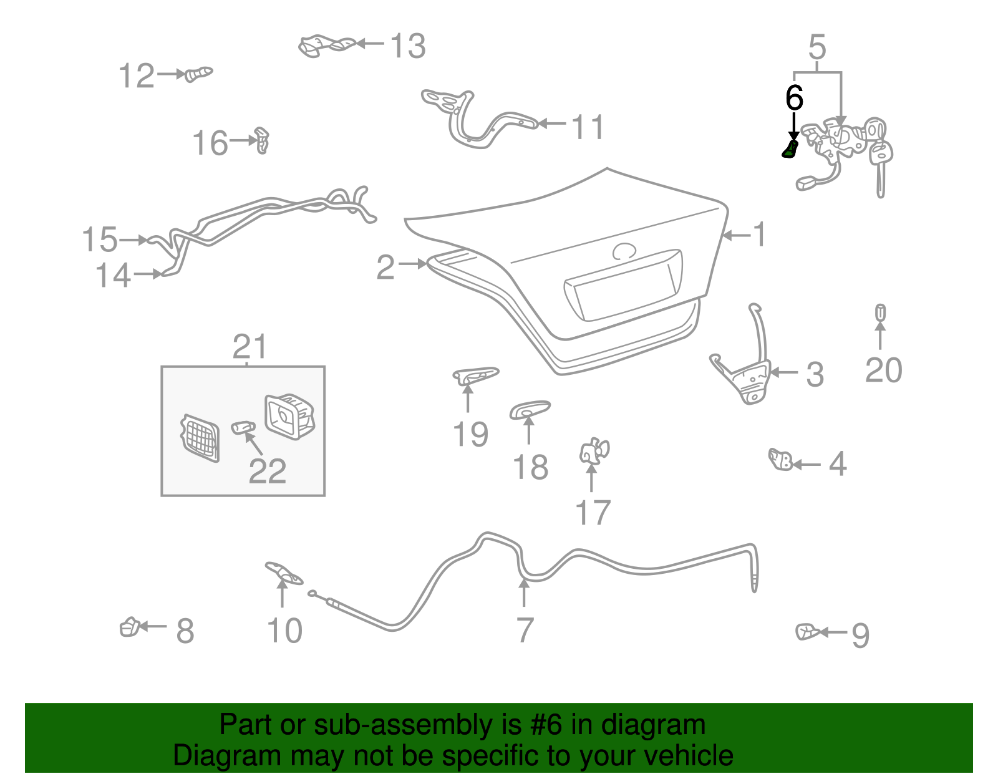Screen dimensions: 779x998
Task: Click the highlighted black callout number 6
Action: (793, 98)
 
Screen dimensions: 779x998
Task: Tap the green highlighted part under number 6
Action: (790, 150)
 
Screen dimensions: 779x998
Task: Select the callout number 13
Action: (407, 46)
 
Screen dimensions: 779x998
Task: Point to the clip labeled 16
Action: (262, 140)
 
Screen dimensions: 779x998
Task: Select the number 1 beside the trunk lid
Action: (758, 235)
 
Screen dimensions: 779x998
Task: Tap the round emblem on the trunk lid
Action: (624, 251)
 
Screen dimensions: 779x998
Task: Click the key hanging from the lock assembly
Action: (880, 162)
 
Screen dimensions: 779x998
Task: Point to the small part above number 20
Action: (880, 312)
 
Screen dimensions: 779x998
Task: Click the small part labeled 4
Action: (780, 460)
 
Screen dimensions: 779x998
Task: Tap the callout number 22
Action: (267, 472)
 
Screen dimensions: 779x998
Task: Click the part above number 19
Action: (475, 375)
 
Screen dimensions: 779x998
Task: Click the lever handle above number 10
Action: (284, 573)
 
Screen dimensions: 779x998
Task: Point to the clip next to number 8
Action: (130, 627)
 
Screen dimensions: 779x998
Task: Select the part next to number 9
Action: (808, 632)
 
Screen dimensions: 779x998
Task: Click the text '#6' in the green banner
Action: (546, 725)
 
